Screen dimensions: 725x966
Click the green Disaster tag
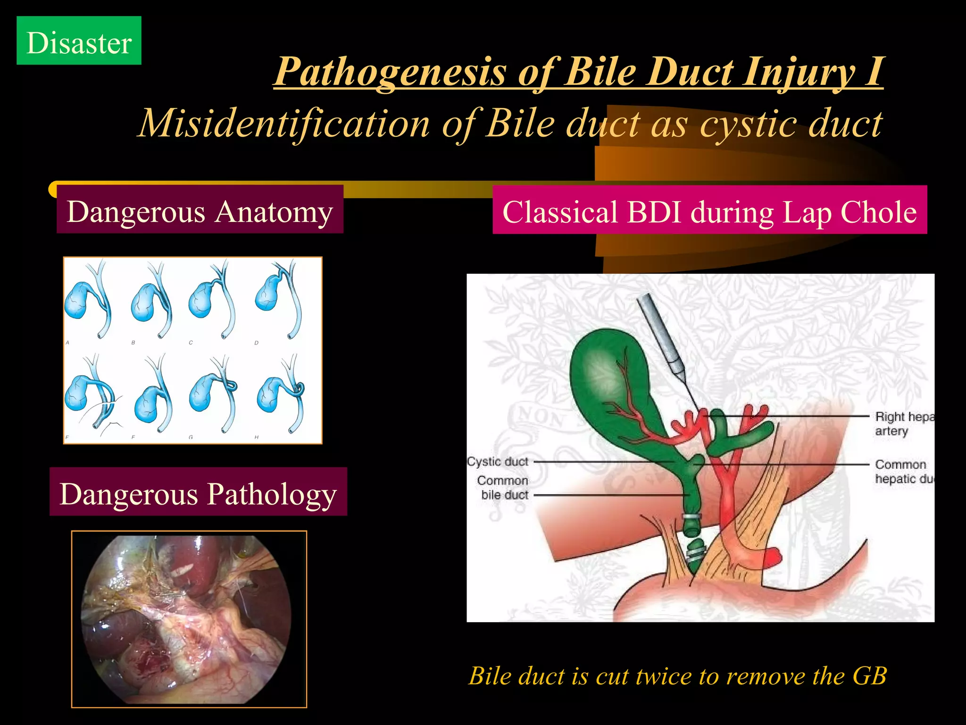pyautogui.click(x=79, y=41)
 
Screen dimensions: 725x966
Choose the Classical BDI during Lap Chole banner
pyautogui.click(x=709, y=211)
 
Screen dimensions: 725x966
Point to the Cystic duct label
pyautogui.click(x=498, y=462)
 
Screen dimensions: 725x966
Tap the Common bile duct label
pyautogui.click(x=503, y=488)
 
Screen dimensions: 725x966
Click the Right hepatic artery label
pyautogui.click(x=903, y=423)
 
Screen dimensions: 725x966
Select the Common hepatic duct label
pyautogui.click(x=903, y=472)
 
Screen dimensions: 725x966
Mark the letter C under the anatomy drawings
pyautogui.click(x=191, y=343)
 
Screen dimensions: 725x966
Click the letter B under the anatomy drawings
pyautogui.click(x=133, y=343)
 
